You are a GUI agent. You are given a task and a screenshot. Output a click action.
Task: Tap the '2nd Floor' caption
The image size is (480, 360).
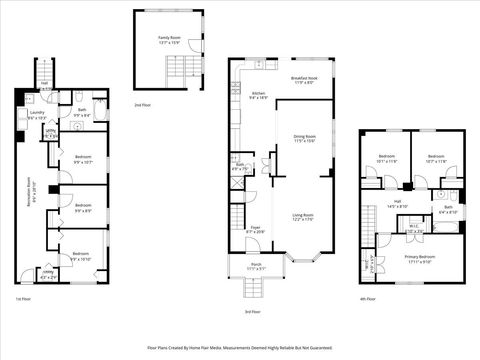pos(145,105)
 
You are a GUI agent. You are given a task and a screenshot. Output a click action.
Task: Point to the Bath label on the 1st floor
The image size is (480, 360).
pos(81,114)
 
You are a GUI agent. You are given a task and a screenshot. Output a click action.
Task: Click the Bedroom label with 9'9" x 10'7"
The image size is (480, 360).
pos(83,159)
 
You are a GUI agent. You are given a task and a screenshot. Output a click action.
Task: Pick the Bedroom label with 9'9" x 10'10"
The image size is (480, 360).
pos(82,256)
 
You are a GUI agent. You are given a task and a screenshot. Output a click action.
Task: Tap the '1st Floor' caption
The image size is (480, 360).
pos(24,298)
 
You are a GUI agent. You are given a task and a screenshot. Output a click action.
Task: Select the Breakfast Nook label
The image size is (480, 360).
pos(304,80)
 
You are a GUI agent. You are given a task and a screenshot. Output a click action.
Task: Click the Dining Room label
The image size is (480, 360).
pos(304,138)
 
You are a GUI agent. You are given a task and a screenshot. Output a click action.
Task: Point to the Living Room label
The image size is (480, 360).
pos(303,217)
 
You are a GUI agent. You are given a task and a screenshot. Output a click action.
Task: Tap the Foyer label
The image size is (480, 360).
pos(256,229)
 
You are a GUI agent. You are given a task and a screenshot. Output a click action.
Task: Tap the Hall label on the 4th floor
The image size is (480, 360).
pos(397,205)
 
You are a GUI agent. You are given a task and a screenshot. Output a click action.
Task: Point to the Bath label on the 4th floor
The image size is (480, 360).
pos(447,210)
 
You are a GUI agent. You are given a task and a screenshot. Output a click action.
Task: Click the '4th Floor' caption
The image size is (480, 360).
pos(369,298)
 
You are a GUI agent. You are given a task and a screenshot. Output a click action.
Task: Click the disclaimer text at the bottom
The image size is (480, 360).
pos(239,347)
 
